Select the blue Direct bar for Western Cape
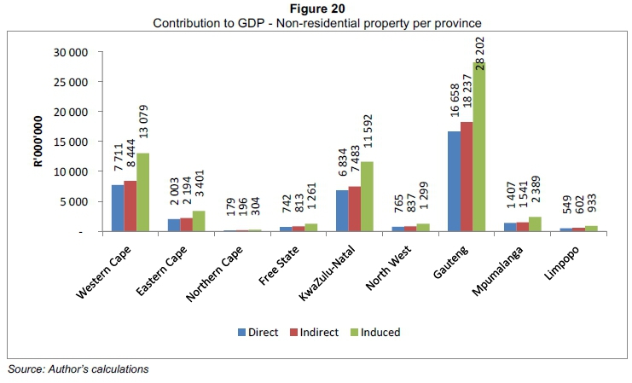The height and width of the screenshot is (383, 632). click(x=118, y=208)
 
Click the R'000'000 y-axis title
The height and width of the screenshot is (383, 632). click(x=38, y=142)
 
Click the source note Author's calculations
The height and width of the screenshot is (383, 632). click(x=78, y=368)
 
